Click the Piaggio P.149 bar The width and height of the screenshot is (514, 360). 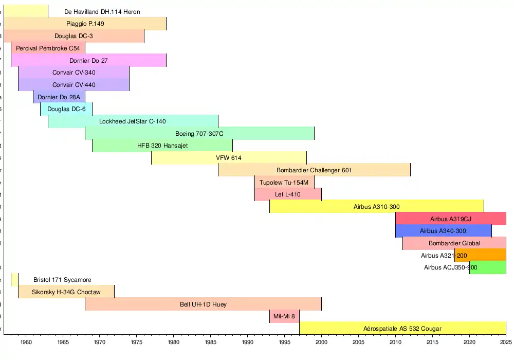point(85,24)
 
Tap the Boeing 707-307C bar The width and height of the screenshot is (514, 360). point(199,134)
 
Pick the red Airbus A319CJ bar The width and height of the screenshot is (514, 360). point(450,219)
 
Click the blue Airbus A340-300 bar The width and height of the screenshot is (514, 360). point(443,231)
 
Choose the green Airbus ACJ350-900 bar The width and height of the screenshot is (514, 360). point(488,267)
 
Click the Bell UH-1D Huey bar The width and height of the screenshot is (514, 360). point(203,304)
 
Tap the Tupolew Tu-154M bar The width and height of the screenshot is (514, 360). point(284,183)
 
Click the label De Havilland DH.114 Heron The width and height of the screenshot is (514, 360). point(102,11)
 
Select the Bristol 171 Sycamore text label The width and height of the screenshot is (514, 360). point(62,280)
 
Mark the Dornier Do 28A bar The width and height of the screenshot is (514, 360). point(59,97)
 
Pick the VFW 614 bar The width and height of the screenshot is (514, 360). point(229,158)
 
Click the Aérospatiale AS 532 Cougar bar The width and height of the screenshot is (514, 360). point(402,329)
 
